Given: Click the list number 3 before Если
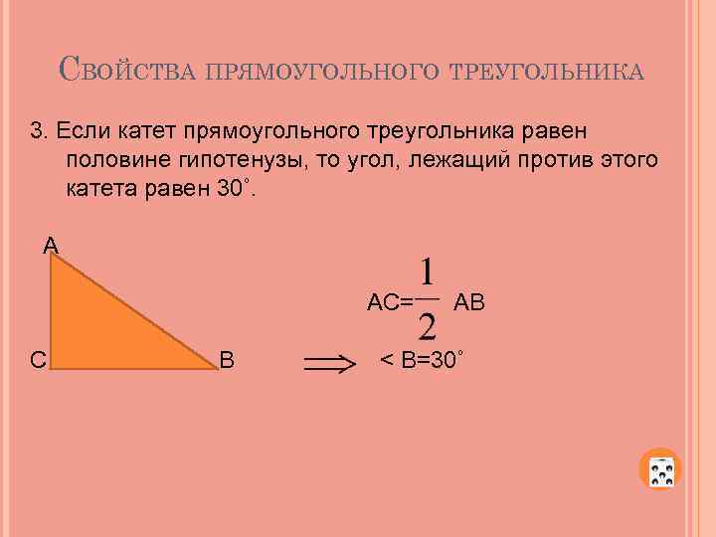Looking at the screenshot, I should coord(38,130).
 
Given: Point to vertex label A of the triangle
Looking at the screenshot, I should coord(50,244).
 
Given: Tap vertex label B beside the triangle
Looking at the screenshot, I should coord(227,359).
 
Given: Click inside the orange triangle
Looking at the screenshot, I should coord(99,328).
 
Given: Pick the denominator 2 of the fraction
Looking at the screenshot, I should coord(427,326).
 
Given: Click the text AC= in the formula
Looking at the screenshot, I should coord(390,302).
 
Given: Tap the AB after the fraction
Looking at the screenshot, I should coord(468,302).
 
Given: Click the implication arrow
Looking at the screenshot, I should coord(329,366).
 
